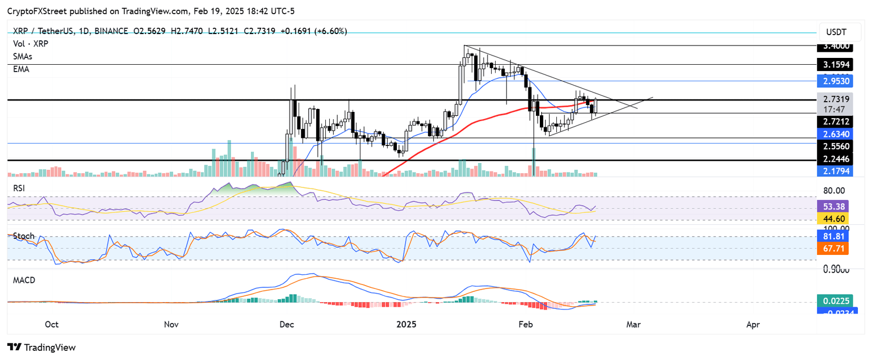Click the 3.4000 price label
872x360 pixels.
tap(840, 45)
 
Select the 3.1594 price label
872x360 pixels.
tap(840, 65)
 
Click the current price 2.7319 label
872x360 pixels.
tap(840, 98)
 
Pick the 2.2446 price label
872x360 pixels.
tap(840, 160)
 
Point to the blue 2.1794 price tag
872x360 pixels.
tap(840, 170)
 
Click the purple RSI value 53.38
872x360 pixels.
tap(840, 207)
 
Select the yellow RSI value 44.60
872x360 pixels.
tap(840, 218)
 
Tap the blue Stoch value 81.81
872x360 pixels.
tap(840, 237)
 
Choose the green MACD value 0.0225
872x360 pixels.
tap(840, 301)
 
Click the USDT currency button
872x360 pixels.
tap(840, 32)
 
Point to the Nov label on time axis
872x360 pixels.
tap(171, 325)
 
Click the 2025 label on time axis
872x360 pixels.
tap(406, 325)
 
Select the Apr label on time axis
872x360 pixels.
tap(753, 325)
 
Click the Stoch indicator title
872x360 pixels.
tap(24, 236)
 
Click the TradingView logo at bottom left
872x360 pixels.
tap(41, 347)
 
